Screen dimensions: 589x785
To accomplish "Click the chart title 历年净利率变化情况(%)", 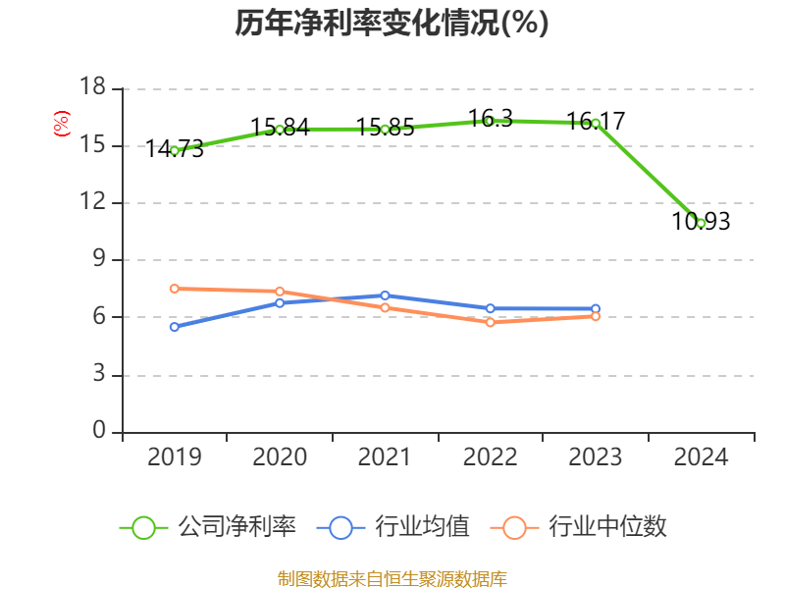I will click(392, 24).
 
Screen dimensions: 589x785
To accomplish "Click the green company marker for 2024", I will click(701, 223).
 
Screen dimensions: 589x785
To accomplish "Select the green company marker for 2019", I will click(175, 150).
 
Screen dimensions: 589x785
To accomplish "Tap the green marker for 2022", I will click(490, 121).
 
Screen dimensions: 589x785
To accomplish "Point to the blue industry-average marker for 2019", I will click(175, 327).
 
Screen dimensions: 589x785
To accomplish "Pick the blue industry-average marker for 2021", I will click(385, 295).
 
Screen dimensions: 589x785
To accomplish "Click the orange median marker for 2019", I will click(175, 289).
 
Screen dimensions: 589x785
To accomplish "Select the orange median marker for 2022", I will click(490, 322).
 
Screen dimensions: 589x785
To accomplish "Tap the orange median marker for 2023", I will click(595, 316).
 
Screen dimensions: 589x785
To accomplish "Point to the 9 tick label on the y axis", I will click(99, 260).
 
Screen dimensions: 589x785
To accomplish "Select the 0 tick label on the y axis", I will click(99, 431).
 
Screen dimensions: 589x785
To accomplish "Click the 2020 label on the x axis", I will click(280, 457).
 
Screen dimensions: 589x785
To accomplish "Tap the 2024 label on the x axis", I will click(701, 457).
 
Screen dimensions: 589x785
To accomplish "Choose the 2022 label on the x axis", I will click(490, 457).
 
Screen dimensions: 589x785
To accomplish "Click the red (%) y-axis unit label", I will click(61, 124).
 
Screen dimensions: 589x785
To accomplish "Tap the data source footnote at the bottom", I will click(392, 578).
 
